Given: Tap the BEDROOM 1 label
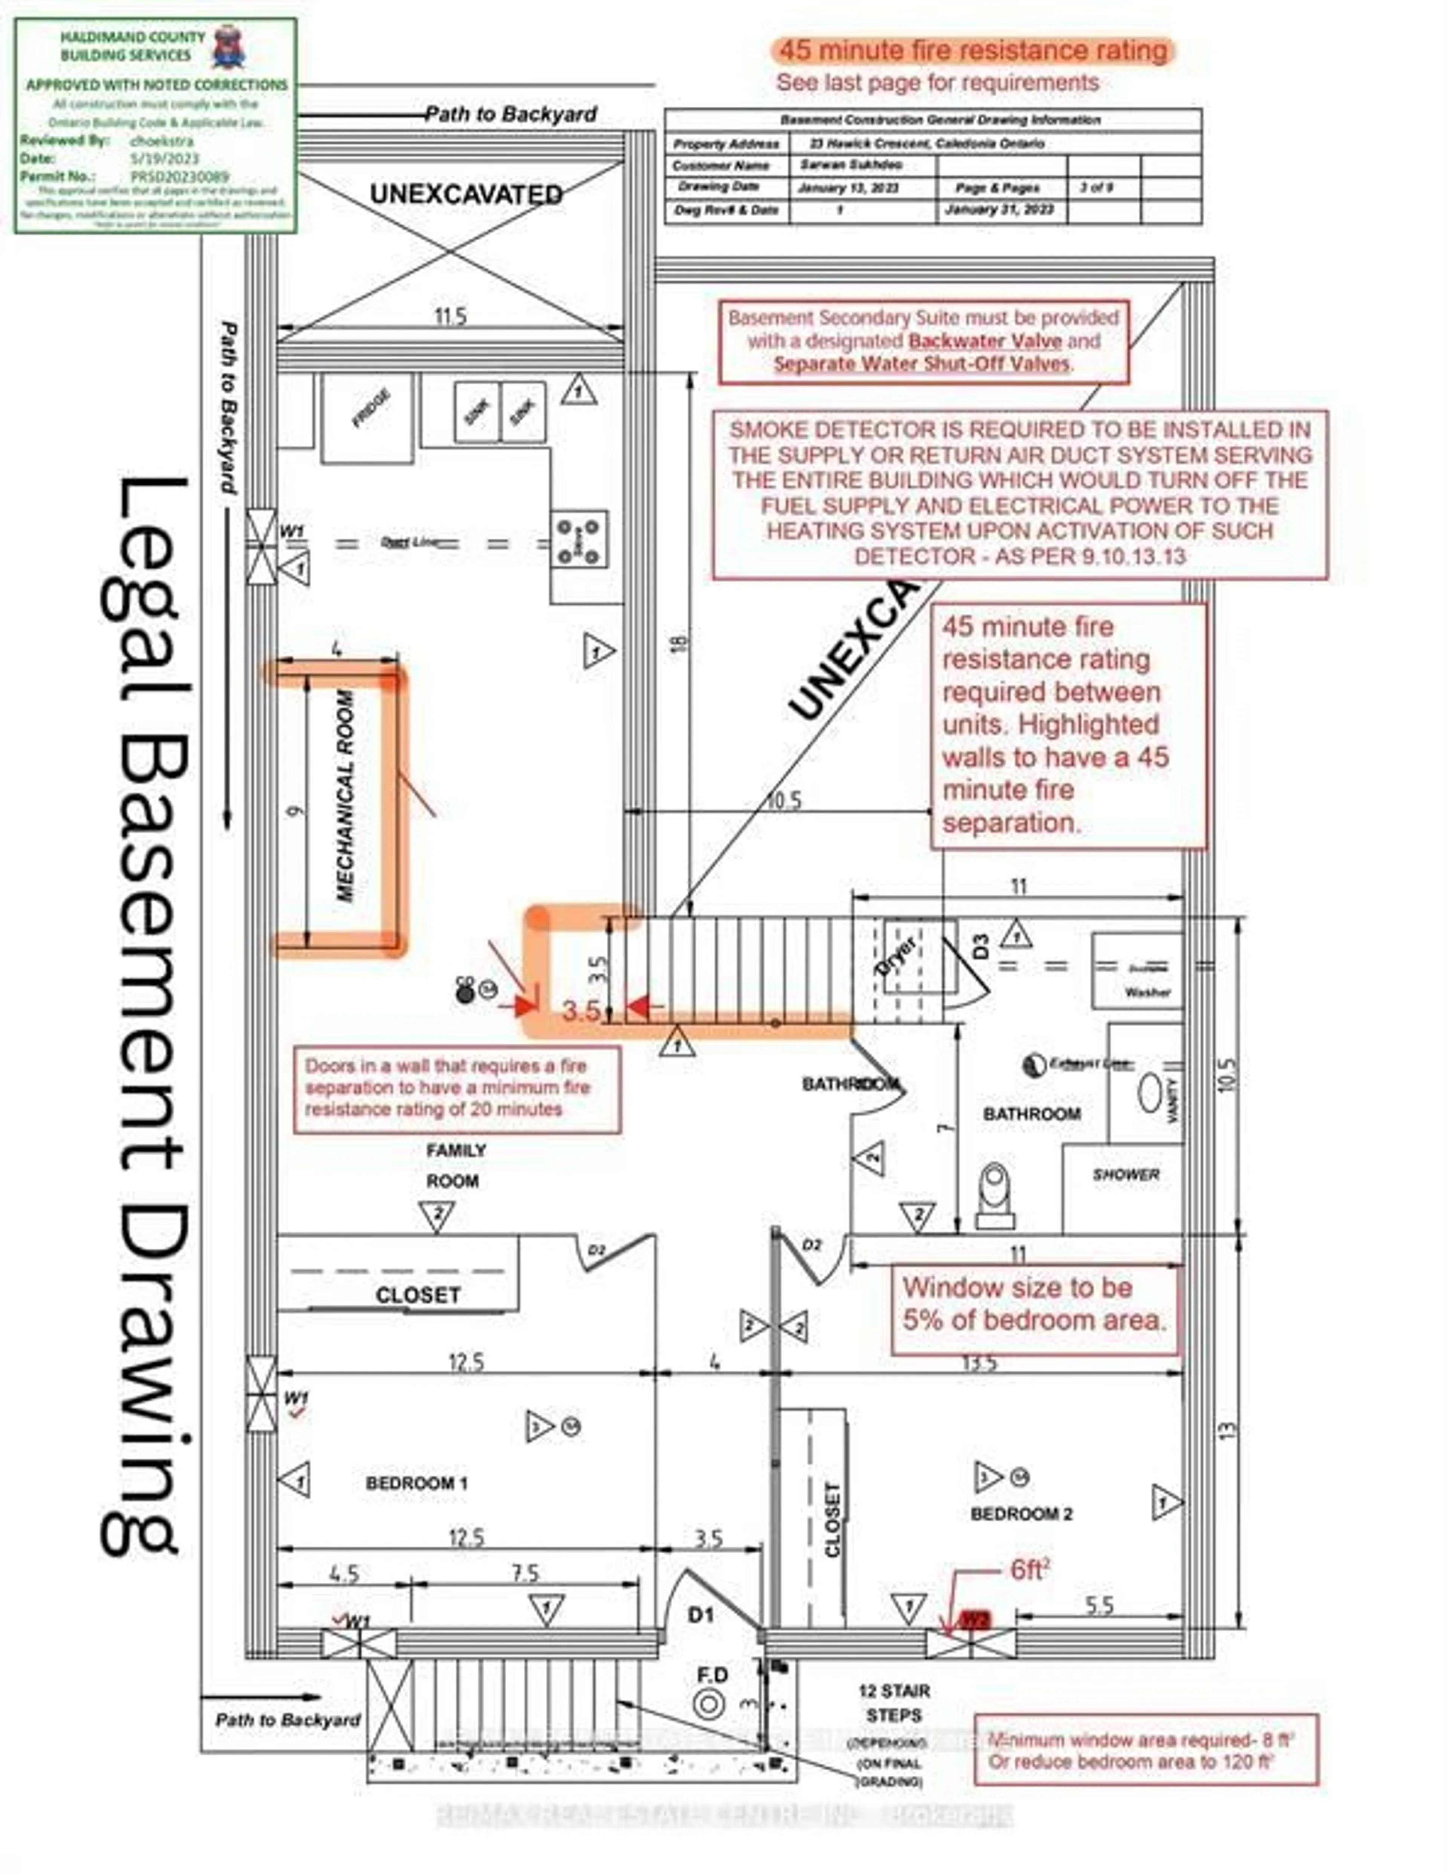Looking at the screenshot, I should click(x=416, y=1483).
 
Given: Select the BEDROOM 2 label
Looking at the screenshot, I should click(x=1020, y=1514).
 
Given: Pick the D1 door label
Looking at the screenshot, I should click(x=701, y=1615).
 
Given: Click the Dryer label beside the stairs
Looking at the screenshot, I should click(x=896, y=955).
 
